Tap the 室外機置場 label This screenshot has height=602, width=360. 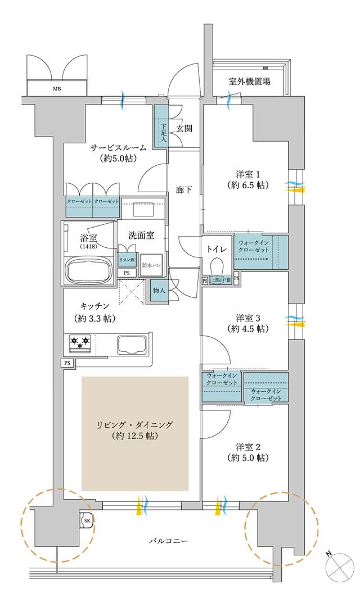249,82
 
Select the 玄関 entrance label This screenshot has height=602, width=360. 184,128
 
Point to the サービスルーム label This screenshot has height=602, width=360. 119,148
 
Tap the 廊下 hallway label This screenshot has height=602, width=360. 184,189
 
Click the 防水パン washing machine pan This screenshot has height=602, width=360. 151,265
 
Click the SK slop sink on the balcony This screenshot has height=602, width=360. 87,521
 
